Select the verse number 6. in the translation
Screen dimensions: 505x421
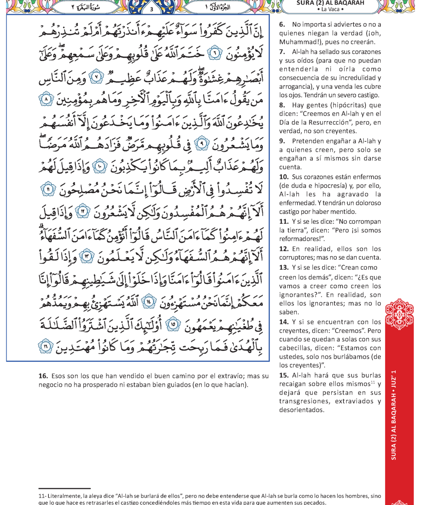pos(282,26)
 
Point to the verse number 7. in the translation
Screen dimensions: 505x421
pos(282,52)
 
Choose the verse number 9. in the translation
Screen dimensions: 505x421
pos(282,141)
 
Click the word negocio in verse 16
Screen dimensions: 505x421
pos(50,384)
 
